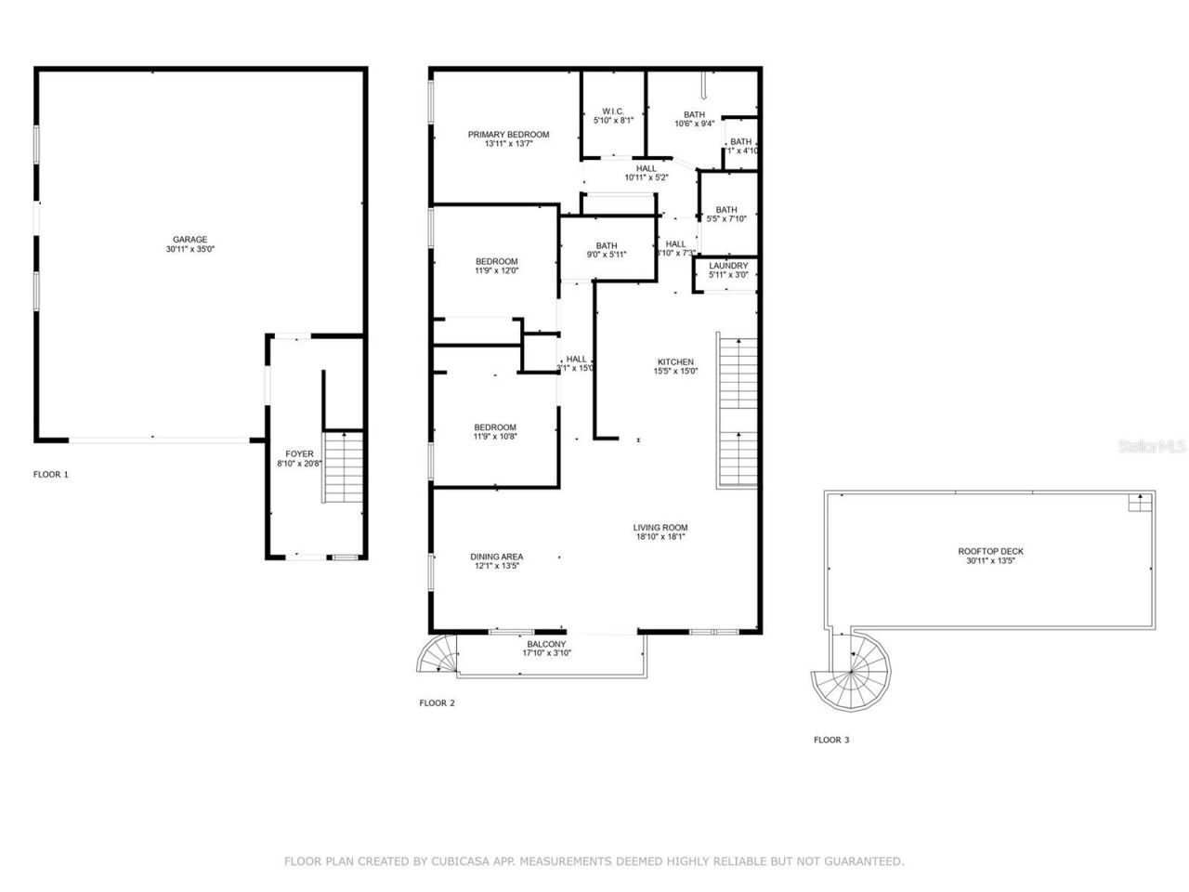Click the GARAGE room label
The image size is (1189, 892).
click(189, 240)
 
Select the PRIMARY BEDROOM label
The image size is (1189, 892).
click(508, 135)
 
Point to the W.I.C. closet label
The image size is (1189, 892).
click(613, 111)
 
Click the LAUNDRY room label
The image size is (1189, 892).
click(728, 266)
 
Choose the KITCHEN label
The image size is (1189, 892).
click(675, 362)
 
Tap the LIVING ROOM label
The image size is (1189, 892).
click(660, 528)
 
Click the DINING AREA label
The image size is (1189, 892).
click(497, 557)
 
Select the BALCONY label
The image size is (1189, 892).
click(546, 645)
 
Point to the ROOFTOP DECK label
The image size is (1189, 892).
click(990, 552)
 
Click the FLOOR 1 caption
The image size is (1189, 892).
click(51, 475)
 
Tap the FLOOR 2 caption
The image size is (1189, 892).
click(437, 703)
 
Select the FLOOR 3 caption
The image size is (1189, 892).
click(831, 741)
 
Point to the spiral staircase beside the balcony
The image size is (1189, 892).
click(438, 655)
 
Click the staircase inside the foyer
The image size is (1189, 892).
click(343, 467)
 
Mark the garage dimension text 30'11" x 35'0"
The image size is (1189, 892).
click(189, 250)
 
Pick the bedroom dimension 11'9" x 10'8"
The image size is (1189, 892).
click(495, 438)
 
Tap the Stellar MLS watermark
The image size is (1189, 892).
click(1152, 447)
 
